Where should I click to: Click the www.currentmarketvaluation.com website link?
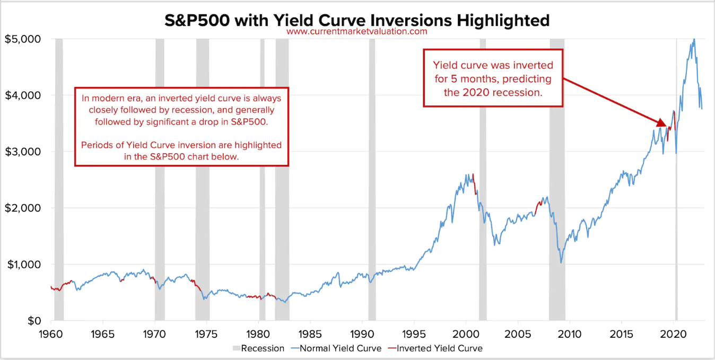(x=356, y=31)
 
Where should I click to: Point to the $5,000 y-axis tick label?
(x=22, y=39)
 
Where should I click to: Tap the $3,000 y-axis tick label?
(x=22, y=152)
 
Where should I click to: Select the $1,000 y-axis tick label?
(x=22, y=264)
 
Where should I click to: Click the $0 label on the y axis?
(x=33, y=321)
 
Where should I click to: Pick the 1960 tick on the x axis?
(x=50, y=335)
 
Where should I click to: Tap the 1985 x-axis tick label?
(x=310, y=335)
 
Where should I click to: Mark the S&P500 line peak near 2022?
(x=693, y=40)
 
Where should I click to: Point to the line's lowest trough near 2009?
(x=561, y=262)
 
